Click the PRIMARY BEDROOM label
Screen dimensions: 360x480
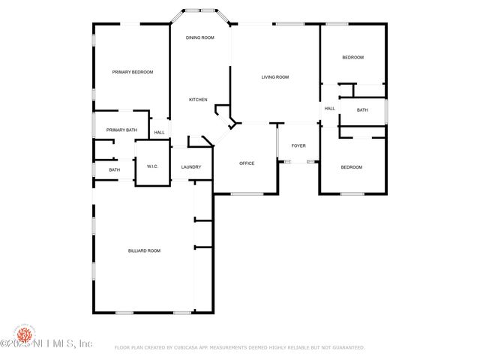133,72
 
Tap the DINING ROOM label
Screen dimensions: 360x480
200,37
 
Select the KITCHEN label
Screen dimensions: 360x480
198,100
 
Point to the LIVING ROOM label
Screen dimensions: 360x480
275,77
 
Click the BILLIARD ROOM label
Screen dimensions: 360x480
144,250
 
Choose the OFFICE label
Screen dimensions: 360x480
247,163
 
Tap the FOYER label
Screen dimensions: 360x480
298,145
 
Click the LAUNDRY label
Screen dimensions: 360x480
191,166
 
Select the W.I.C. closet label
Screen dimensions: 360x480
151,166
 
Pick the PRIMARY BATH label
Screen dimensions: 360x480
121,130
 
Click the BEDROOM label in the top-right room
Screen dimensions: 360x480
352,58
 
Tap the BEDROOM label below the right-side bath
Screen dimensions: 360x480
352,167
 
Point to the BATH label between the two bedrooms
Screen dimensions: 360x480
362,110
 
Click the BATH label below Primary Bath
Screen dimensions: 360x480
114,170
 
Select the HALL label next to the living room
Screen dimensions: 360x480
329,109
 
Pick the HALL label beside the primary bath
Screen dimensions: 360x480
159,133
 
